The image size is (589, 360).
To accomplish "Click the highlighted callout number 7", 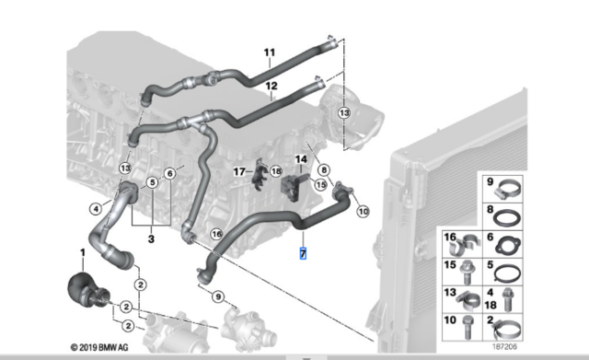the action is [x=303, y=253].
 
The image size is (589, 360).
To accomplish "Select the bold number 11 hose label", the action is [x=270, y=52].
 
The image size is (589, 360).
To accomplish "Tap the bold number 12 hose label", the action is [x=271, y=86].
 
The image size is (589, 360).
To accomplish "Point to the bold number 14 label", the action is [x=301, y=159].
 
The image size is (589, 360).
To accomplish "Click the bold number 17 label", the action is [x=239, y=172].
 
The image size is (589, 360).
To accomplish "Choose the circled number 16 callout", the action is [x=217, y=235].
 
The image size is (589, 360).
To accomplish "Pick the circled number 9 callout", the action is [x=218, y=296].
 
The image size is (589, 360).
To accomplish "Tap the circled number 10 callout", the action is [x=363, y=212].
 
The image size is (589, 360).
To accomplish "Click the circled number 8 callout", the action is [x=324, y=170].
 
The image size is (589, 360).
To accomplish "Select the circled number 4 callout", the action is [x=96, y=209].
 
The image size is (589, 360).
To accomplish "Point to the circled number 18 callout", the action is [x=276, y=171].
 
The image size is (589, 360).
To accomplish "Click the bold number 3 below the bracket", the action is [x=151, y=239].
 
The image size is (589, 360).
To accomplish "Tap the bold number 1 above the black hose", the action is [x=83, y=252].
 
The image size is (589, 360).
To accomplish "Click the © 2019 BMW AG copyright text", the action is [x=99, y=347].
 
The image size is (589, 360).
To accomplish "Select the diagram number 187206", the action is [x=504, y=346].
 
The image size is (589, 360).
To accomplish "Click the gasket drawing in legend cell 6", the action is [x=507, y=245].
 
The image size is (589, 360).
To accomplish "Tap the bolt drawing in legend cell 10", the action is [x=467, y=327].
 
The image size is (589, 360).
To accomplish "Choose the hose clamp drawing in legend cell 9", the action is [x=507, y=189].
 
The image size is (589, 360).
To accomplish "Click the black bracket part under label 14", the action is [x=291, y=188].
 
